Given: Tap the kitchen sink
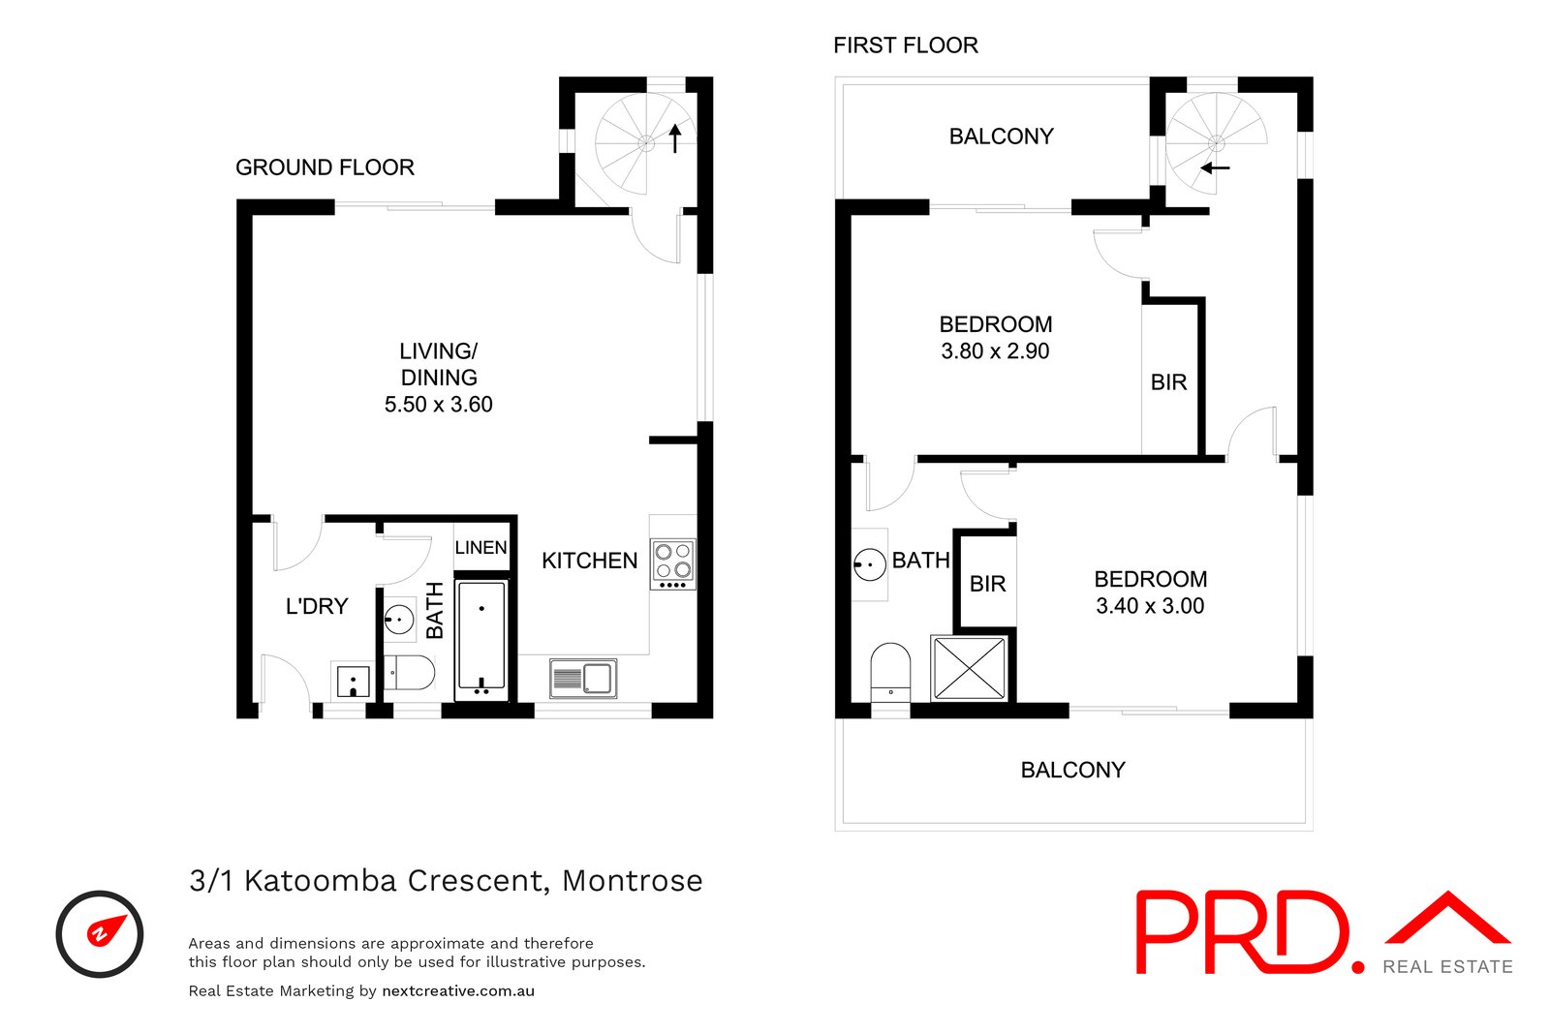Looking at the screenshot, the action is point(583,679).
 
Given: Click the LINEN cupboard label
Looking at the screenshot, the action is point(480,548).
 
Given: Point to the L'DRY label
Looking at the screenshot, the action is point(317,606).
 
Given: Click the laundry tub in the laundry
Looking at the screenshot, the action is point(353,682).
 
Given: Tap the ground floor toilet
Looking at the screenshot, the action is point(409,673).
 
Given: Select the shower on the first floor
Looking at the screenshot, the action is point(970,668).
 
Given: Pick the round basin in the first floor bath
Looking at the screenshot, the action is point(870,564).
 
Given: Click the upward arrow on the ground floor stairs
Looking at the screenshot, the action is point(674,137).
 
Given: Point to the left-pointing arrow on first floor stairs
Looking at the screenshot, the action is point(1215,167).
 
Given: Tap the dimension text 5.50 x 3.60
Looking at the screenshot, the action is point(439,404).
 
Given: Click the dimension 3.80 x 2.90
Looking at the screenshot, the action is point(995,351).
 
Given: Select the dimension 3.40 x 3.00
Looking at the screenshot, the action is point(1150,606).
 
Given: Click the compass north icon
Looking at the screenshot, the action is point(100,934).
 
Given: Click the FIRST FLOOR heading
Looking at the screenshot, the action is point(906,46).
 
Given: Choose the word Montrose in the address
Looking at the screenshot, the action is point(633,881).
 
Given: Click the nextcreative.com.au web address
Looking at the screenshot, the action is point(458,990).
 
